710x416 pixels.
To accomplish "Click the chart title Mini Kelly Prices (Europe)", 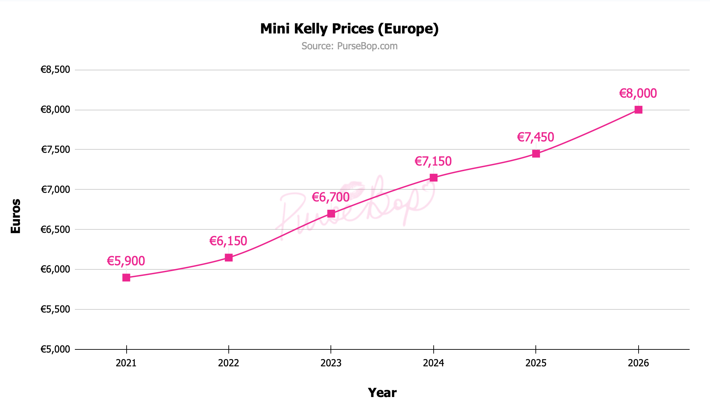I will point(349,29).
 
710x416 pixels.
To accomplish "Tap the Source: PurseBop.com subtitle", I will point(349,46).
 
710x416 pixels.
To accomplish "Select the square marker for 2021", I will point(126,278).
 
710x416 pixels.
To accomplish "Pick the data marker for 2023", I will point(331,214).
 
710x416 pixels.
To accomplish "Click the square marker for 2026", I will point(638,110).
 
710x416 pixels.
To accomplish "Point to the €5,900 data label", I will point(126,261).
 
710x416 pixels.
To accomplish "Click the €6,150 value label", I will point(228,241).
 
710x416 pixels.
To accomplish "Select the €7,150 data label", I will point(433,161).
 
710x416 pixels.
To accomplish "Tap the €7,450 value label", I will point(535,137).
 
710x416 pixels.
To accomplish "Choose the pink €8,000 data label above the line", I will point(638,93).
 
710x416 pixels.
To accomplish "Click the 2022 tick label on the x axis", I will point(229,363).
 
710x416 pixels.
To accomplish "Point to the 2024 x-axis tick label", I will point(434,363).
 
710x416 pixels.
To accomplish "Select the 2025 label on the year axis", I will point(536,363).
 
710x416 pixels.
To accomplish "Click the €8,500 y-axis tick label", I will point(55,70).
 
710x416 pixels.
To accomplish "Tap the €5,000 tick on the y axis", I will point(55,349).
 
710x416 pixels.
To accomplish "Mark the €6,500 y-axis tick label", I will point(55,230).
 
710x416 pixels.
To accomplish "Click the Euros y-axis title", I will point(16,216).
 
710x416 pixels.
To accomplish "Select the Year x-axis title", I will point(382,393).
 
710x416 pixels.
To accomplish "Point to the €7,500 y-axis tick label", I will point(55,150).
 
